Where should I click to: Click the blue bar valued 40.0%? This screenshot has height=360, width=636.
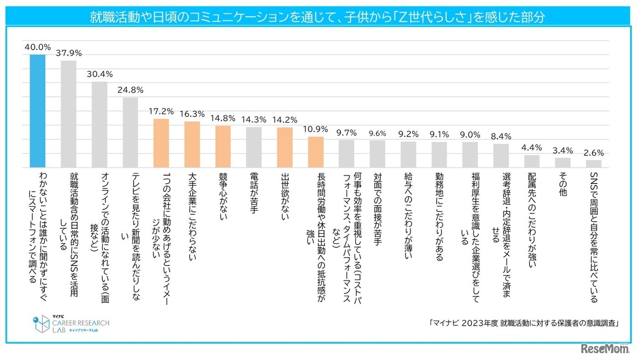pos(38,111)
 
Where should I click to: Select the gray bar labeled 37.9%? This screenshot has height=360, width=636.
pos(69,114)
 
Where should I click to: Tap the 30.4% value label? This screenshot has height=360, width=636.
pos(99,74)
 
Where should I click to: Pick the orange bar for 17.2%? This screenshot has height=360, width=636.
pos(161,143)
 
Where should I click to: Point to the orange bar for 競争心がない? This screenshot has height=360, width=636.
pos(223,146)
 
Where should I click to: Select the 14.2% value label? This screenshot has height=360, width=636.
pos(284,119)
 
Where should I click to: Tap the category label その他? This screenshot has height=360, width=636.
pos(562,184)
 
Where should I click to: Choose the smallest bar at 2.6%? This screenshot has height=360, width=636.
pos(593,164)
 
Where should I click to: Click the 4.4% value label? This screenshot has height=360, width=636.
pos(532,147)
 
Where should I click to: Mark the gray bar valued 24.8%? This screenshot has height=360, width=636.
pos(130,132)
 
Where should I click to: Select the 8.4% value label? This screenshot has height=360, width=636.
pos(501,136)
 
